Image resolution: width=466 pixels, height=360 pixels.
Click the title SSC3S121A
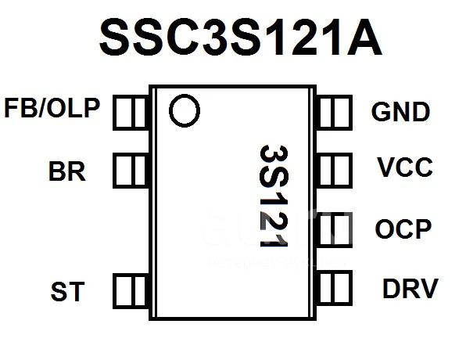point(241,37)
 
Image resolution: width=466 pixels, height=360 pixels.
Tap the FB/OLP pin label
point(52,108)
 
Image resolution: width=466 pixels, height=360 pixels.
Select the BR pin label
point(67,171)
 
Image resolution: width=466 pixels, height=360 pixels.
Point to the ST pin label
point(67,291)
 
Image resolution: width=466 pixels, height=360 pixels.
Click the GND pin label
point(400,112)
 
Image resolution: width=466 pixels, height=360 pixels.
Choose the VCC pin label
point(405,167)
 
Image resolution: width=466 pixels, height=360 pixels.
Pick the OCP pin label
point(403,229)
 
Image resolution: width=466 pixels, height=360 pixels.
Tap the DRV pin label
point(410,288)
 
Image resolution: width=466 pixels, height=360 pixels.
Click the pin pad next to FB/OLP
point(131,113)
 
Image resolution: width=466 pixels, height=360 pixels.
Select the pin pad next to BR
point(131,171)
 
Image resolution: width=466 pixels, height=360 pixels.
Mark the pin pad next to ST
point(131,291)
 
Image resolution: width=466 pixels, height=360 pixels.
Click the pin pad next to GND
point(335,113)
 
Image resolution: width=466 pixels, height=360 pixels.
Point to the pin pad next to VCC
point(335,171)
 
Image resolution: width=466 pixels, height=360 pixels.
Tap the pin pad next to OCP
point(335,229)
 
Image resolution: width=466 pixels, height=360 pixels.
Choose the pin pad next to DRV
point(335,288)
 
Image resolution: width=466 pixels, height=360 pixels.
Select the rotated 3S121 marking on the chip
point(274,196)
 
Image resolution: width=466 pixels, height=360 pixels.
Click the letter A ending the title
point(364,38)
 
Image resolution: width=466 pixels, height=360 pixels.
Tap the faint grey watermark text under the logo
point(276,263)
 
